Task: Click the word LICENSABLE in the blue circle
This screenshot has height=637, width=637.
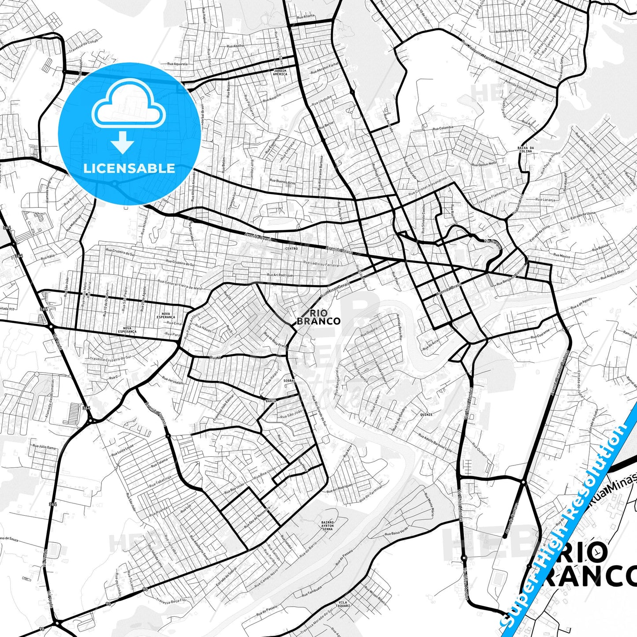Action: pyautogui.click(x=129, y=168)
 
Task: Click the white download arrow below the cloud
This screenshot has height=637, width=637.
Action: pyautogui.click(x=123, y=143)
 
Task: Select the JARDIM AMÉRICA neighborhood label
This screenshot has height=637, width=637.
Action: pyautogui.click(x=280, y=72)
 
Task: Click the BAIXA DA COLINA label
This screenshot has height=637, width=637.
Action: pyautogui.click(x=525, y=149)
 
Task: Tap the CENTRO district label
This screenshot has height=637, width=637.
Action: pyautogui.click(x=291, y=249)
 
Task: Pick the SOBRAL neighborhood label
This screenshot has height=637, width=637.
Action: pyautogui.click(x=289, y=380)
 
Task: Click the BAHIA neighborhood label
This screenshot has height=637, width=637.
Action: pyautogui.click(x=271, y=401)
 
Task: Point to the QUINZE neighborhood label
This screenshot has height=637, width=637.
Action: pyautogui.click(x=426, y=415)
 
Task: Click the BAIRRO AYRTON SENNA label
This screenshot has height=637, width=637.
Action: pyautogui.click(x=328, y=525)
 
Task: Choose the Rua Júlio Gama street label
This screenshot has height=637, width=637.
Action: pyautogui.click(x=44, y=447)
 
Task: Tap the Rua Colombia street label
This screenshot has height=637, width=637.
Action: pyautogui.click(x=443, y=128)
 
